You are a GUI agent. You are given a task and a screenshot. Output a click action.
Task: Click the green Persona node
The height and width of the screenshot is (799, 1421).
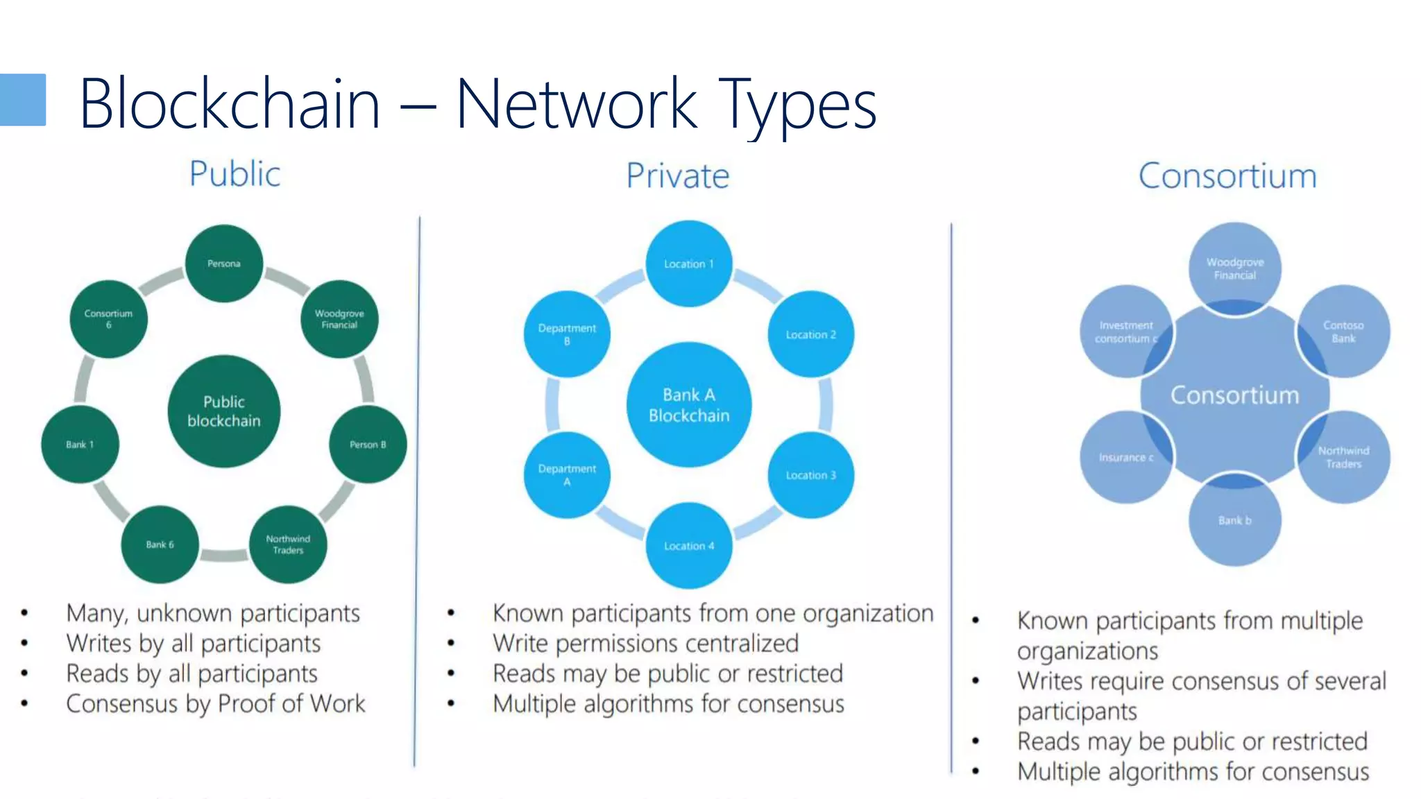coord(223,264)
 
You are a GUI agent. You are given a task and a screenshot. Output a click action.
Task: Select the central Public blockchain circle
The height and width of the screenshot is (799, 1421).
coord(223,411)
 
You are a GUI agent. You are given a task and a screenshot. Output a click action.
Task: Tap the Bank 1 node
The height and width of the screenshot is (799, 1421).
coord(80,445)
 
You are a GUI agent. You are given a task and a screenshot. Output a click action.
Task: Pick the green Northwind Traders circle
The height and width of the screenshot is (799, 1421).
coord(288,544)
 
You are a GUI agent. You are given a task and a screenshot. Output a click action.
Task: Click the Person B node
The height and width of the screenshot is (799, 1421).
coord(368,445)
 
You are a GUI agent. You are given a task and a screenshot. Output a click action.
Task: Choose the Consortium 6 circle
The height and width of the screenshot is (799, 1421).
coord(108,319)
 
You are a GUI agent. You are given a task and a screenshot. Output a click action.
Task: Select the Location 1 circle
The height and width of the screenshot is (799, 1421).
coord(688,264)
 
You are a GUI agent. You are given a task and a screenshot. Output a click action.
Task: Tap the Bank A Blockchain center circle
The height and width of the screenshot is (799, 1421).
coord(688,405)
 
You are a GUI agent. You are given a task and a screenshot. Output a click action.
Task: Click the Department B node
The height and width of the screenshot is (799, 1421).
coord(567,334)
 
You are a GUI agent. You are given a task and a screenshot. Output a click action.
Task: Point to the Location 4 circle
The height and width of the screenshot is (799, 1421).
coord(688,546)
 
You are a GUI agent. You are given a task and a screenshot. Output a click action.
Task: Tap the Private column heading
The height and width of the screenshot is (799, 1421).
coord(677,175)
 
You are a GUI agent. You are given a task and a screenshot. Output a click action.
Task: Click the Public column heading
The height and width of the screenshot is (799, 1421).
coord(235,173)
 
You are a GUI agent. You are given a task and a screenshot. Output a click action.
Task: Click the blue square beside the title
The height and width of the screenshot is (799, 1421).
coord(22,100)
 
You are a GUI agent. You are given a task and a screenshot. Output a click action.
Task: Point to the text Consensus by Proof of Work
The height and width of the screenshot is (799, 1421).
coord(215,704)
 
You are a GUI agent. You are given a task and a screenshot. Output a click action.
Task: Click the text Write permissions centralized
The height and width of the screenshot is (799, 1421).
coord(645,644)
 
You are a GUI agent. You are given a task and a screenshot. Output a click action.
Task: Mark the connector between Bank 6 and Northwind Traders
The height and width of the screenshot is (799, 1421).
coord(223,555)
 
